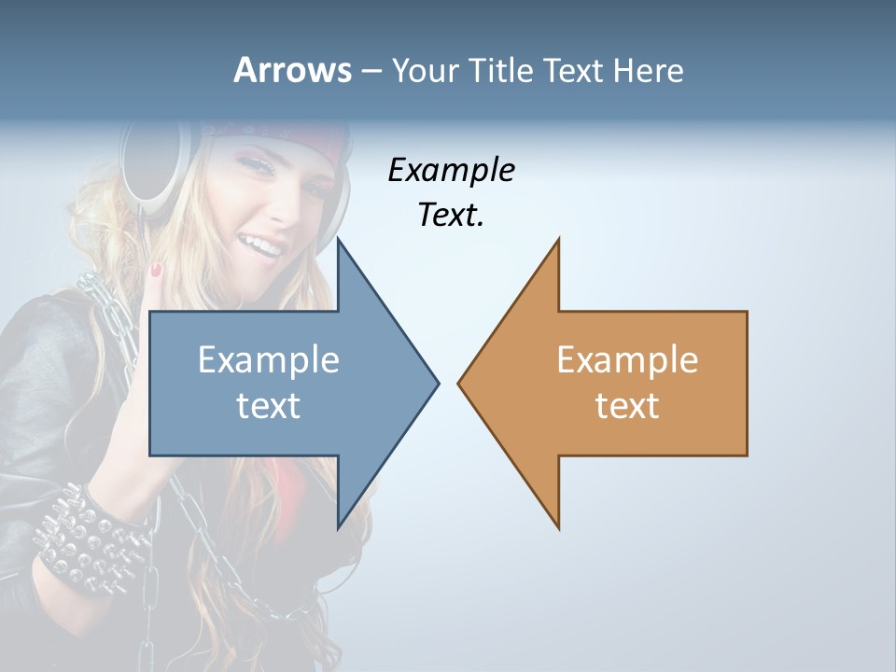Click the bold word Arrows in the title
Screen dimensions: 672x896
tap(293, 70)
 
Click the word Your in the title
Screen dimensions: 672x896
tap(426, 70)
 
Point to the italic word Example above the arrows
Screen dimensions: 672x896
tap(451, 171)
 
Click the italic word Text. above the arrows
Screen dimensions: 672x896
tap(451, 216)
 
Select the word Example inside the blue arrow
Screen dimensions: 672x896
tap(269, 359)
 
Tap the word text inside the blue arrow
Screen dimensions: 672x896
tap(269, 405)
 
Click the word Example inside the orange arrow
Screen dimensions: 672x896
tap(627, 359)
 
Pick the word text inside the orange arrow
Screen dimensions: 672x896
tap(627, 405)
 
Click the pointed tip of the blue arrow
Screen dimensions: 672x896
tap(437, 382)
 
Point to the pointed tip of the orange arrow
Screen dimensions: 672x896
tap(460, 382)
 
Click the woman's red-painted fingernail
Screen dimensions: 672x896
tap(157, 271)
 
